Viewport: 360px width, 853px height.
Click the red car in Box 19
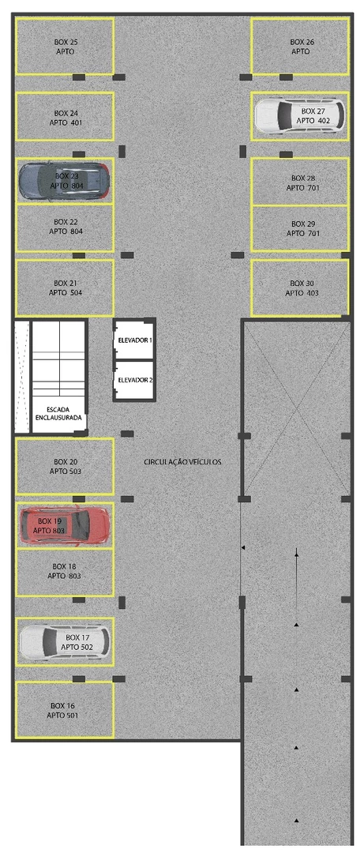(65, 525)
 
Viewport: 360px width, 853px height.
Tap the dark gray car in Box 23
(65, 181)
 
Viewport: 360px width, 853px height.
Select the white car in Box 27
(300, 115)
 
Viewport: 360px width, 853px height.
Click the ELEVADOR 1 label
(135, 340)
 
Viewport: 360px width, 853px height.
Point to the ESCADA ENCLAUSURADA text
(59, 413)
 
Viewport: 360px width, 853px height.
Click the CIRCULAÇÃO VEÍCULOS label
(182, 462)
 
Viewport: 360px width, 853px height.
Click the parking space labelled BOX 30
(300, 287)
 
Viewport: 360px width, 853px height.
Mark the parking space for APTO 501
(65, 710)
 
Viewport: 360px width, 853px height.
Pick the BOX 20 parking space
(65, 466)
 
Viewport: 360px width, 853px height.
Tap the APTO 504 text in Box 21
(66, 293)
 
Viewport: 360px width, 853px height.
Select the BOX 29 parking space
(300, 228)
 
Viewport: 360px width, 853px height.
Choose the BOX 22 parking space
(65, 228)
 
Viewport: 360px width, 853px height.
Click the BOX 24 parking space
(65, 116)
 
